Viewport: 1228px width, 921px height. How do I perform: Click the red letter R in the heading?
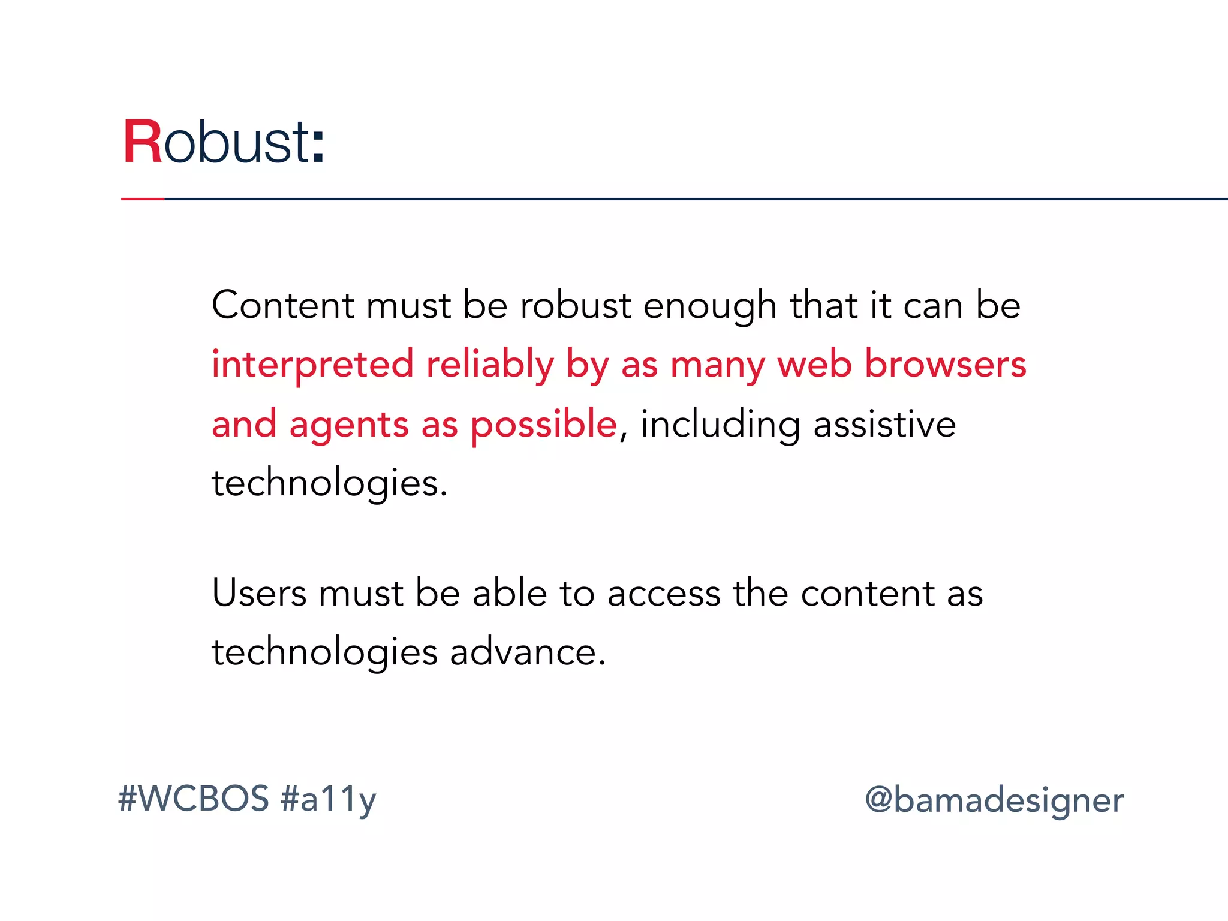pyautogui.click(x=143, y=142)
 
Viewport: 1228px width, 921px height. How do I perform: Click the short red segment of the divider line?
pyautogui.click(x=143, y=198)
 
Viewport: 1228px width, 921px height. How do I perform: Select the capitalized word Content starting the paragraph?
pyautogui.click(x=282, y=305)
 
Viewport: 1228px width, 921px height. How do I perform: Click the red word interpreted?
pyautogui.click(x=312, y=365)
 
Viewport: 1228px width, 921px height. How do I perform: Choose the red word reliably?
pyautogui.click(x=490, y=365)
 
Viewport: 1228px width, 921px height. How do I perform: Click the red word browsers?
pyautogui.click(x=945, y=364)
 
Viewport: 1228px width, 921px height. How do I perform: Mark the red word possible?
pyautogui.click(x=544, y=425)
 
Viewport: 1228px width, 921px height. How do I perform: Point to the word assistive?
pyautogui.click(x=884, y=424)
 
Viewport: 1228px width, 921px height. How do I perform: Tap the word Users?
pyautogui.click(x=259, y=593)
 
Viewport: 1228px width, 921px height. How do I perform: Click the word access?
pyautogui.click(x=663, y=594)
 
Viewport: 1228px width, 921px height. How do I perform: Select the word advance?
pyautogui.click(x=528, y=652)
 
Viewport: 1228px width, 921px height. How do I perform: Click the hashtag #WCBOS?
pyautogui.click(x=194, y=799)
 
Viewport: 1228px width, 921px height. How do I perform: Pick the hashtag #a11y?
pyautogui.click(x=328, y=800)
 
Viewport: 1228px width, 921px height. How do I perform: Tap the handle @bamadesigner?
pyautogui.click(x=994, y=800)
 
